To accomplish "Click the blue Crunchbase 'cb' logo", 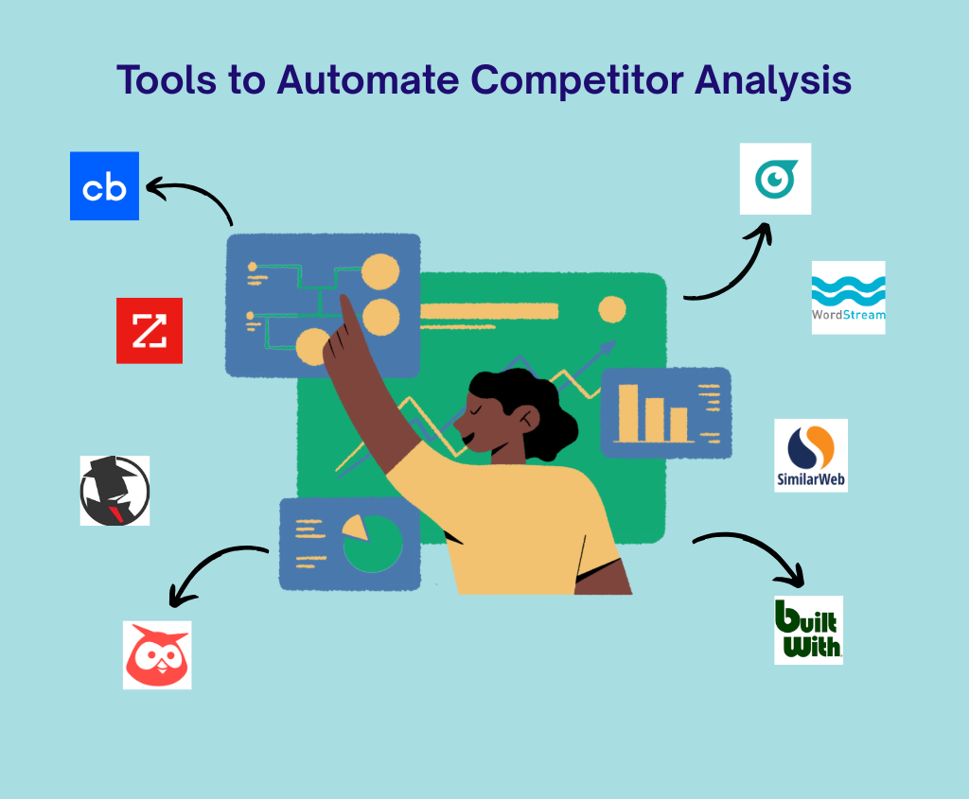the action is pyautogui.click(x=104, y=186).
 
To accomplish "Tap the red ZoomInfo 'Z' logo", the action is pyautogui.click(x=150, y=330).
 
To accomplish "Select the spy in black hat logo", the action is pyautogui.click(x=115, y=491).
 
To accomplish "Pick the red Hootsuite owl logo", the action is pyautogui.click(x=157, y=655).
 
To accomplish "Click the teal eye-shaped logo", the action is pyautogui.click(x=776, y=179).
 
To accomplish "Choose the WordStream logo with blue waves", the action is pyautogui.click(x=849, y=298).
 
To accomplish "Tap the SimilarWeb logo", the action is pyautogui.click(x=811, y=456).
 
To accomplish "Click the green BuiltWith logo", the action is pyautogui.click(x=808, y=630).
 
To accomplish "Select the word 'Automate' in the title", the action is pyautogui.click(x=368, y=80).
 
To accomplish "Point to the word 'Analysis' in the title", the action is pyautogui.click(x=773, y=81).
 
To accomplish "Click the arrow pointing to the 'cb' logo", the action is pyautogui.click(x=199, y=190).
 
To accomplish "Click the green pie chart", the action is pyautogui.click(x=374, y=544).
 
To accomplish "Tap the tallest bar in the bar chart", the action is pyautogui.click(x=628, y=412).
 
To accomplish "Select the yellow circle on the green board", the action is pyautogui.click(x=612, y=309).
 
